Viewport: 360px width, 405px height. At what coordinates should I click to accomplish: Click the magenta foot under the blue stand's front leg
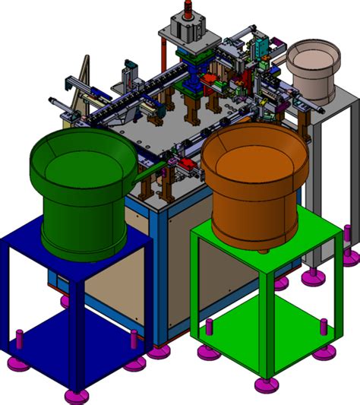(76, 396)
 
